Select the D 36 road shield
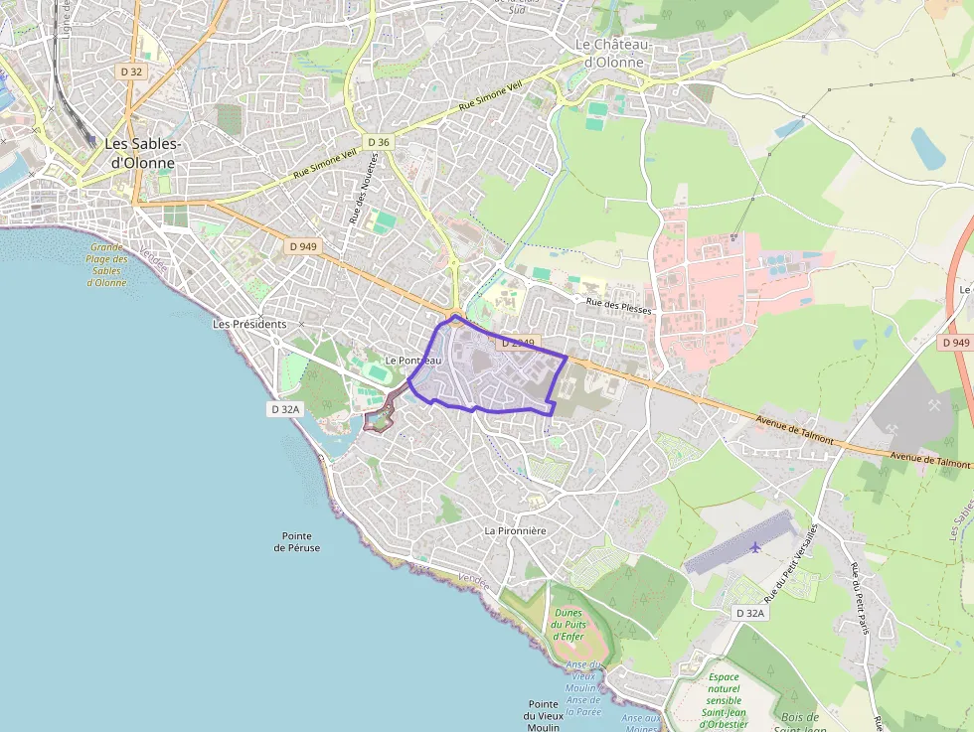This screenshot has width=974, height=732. [378, 142]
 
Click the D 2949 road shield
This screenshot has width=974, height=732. [518, 343]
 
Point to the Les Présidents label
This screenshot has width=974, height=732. [249, 324]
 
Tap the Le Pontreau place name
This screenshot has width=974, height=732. [412, 360]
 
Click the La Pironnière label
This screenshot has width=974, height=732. [515, 530]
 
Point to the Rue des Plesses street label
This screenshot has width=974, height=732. [618, 305]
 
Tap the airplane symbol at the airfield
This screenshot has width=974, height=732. [755, 546]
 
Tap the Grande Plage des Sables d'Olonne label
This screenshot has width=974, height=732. [106, 264]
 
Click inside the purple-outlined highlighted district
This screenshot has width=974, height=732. [487, 372]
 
